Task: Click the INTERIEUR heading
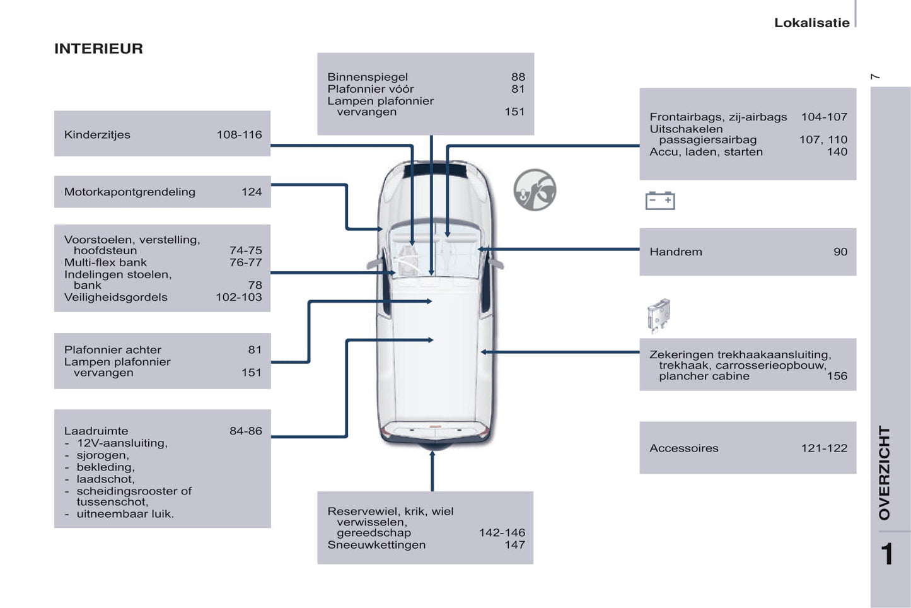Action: (x=98, y=49)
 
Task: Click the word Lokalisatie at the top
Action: (x=811, y=23)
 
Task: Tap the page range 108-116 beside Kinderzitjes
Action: (x=239, y=134)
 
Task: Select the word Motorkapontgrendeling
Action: (x=129, y=192)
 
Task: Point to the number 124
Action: (x=251, y=192)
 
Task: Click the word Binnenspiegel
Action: (x=367, y=77)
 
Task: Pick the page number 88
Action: (x=518, y=77)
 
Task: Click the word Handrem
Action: (x=675, y=252)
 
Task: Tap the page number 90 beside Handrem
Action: (x=840, y=252)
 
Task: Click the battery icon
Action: (x=659, y=201)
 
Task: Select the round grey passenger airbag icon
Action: (x=535, y=190)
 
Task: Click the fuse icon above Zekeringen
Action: (x=658, y=315)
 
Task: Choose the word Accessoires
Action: (x=683, y=448)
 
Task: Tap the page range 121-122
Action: (x=824, y=448)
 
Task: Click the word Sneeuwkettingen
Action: (x=376, y=545)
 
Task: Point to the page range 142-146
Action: (x=501, y=533)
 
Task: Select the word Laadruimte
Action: (x=96, y=431)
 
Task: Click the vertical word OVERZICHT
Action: (x=885, y=473)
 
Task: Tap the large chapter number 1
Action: (x=887, y=554)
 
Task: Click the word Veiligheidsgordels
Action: (x=115, y=297)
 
